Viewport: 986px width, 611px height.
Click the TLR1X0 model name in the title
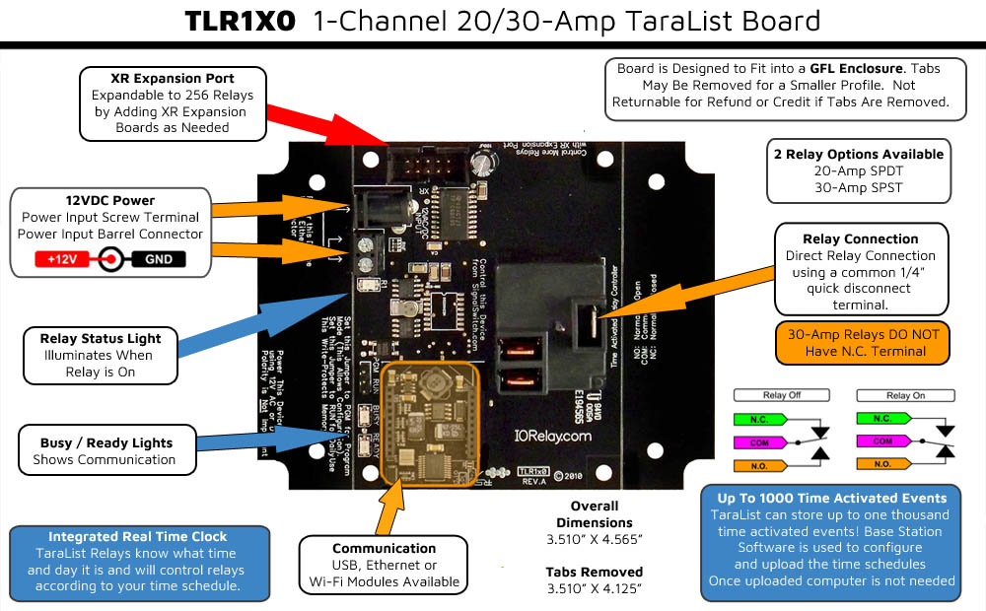[x=240, y=21]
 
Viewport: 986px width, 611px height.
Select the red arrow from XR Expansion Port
[x=325, y=118]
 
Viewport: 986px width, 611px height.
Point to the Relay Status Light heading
[x=101, y=338]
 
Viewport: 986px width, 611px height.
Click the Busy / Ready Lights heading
[x=106, y=442]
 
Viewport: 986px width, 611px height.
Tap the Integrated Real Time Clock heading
[x=138, y=536]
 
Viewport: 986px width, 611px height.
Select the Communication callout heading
[x=384, y=548]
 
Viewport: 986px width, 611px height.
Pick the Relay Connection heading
[x=861, y=238]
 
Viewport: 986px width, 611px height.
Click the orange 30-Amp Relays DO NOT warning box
[x=863, y=341]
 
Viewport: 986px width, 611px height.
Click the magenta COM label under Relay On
[x=881, y=441]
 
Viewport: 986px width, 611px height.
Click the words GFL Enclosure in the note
[x=857, y=68]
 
